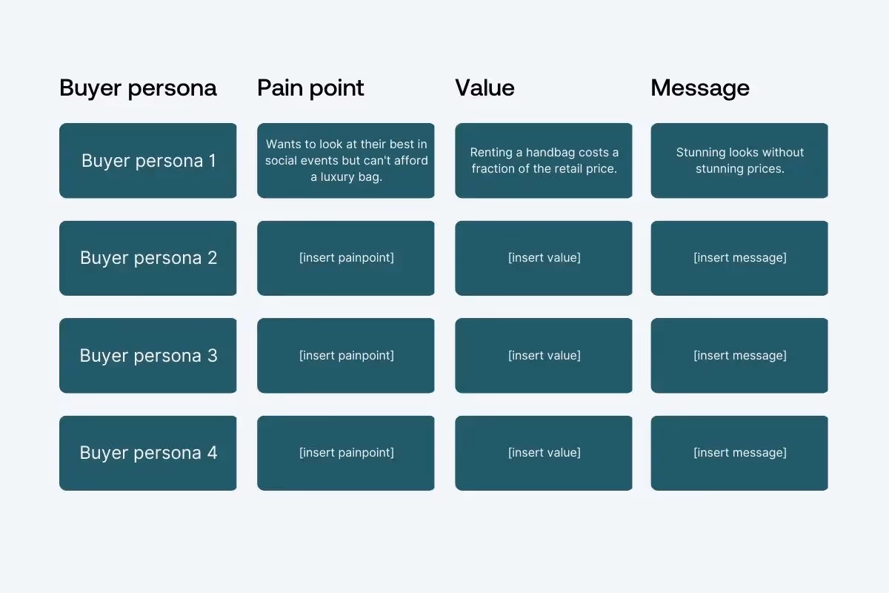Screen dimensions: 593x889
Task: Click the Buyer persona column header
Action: [x=138, y=88]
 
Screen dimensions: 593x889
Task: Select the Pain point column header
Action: [x=310, y=88]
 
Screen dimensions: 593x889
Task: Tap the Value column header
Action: [x=485, y=88]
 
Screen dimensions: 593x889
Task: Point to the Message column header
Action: [x=700, y=88]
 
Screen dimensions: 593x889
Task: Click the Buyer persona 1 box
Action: [x=148, y=161]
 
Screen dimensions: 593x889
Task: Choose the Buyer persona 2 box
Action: [x=148, y=258]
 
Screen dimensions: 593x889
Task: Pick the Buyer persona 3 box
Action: [x=148, y=356]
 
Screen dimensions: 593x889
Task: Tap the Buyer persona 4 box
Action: [x=148, y=453]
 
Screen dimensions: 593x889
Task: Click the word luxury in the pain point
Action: [x=339, y=177]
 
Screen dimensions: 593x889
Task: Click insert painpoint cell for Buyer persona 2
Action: [x=346, y=258]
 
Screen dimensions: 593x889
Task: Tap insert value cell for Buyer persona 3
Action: [x=544, y=356]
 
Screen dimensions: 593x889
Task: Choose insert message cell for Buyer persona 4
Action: [x=739, y=453]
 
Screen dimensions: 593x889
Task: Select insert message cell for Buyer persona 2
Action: [x=739, y=258]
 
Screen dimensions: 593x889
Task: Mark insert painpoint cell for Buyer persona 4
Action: [x=346, y=453]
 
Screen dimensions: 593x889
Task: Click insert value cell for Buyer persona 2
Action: [x=544, y=258]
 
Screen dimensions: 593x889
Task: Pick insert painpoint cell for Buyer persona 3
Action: [x=346, y=356]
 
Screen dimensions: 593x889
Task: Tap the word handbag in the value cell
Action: [x=551, y=153]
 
